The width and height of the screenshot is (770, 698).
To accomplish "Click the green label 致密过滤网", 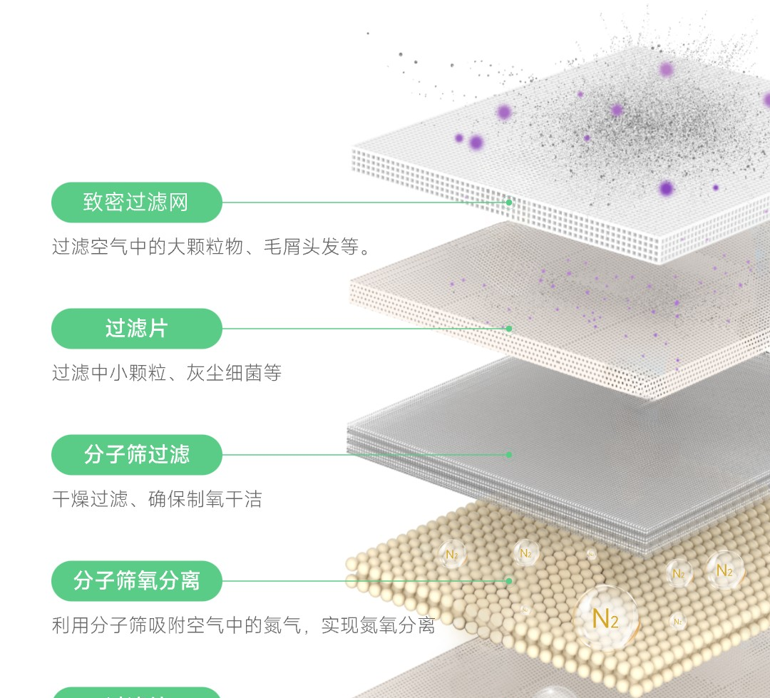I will pyautogui.click(x=136, y=202).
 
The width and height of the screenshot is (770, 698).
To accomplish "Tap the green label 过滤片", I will pyautogui.click(x=136, y=329).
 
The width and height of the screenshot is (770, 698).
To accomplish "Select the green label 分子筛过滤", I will pyautogui.click(x=136, y=455).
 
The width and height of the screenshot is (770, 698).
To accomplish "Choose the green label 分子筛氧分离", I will pyautogui.click(x=136, y=581).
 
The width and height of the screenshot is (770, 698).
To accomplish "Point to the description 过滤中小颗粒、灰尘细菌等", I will pyautogui.click(x=167, y=373).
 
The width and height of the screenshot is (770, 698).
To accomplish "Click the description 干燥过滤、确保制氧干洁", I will pyautogui.click(x=157, y=499).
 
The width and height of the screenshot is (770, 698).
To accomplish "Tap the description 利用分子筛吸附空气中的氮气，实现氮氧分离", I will pyautogui.click(x=243, y=626).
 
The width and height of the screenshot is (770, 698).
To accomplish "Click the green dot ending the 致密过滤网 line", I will pyautogui.click(x=509, y=202).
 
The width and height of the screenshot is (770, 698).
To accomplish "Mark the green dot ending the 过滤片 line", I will pyautogui.click(x=509, y=329).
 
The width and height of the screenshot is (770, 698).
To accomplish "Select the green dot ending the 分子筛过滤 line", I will pyautogui.click(x=509, y=455).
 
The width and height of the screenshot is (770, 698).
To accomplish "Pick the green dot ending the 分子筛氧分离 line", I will pyautogui.click(x=509, y=581).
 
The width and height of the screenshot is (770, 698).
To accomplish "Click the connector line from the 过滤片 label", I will pyautogui.click(x=364, y=329).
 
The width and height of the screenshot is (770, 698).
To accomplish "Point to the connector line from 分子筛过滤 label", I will pyautogui.click(x=364, y=455).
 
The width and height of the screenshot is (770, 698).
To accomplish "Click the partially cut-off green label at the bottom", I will pyautogui.click(x=136, y=692).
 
